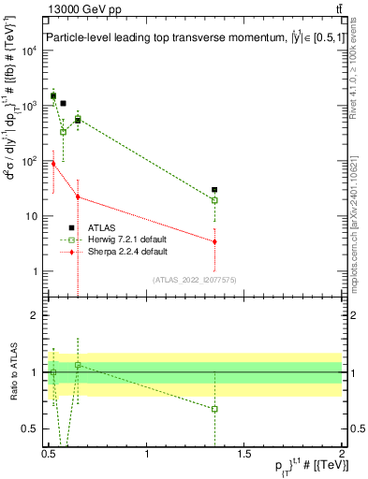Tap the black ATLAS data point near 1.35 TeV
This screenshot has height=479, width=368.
coord(214,190)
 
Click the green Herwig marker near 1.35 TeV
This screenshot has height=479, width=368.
coord(214,200)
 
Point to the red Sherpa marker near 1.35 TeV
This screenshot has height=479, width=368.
coord(214,241)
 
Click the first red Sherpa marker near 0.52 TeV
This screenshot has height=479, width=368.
coord(53,163)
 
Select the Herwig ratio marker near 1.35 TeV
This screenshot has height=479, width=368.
coord(214,409)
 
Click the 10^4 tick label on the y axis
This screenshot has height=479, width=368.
coord(31,51)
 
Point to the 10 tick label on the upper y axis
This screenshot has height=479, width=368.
coord(34,216)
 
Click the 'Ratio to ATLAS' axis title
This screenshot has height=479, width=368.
coord(12,372)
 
